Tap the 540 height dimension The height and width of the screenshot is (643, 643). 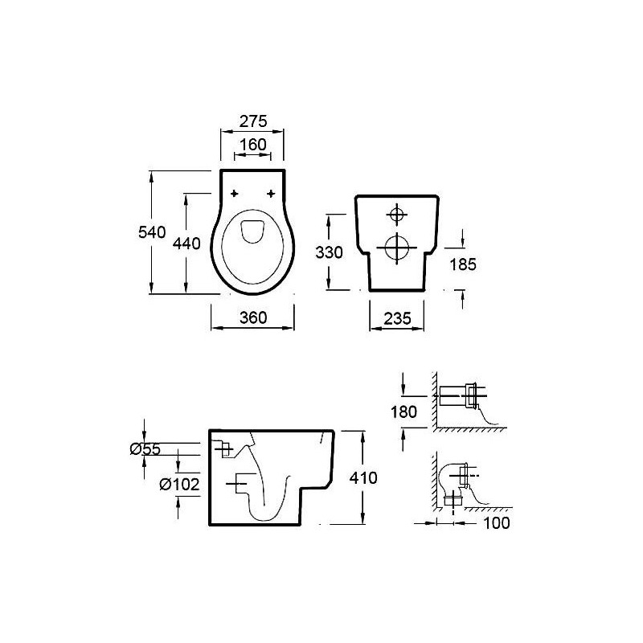click(x=152, y=232)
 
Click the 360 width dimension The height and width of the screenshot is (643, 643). click(x=252, y=317)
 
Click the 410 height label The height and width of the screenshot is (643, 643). click(x=363, y=477)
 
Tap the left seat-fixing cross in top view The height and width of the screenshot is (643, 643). click(x=235, y=194)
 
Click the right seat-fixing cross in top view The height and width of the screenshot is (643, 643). click(x=271, y=194)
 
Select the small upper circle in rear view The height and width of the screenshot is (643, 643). click(x=396, y=214)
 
